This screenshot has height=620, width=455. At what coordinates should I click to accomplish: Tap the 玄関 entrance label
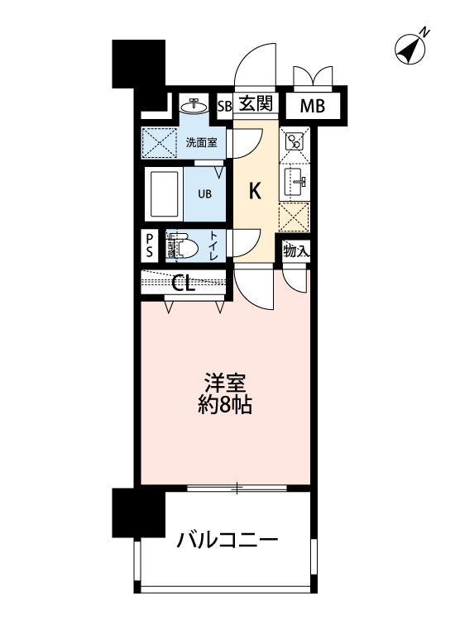[x=256, y=104]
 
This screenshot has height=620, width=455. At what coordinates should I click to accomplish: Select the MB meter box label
[x=312, y=106]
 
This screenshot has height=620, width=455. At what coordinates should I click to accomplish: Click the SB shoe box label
[x=224, y=106]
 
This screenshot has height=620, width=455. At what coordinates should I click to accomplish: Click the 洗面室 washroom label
[x=201, y=141]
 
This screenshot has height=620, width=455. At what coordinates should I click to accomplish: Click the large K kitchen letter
[x=256, y=192]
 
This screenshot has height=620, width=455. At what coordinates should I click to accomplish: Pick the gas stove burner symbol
[x=295, y=141]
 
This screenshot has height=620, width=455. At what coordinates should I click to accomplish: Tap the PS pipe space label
[x=150, y=246]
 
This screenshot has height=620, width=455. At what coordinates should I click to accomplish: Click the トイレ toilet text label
[x=213, y=246]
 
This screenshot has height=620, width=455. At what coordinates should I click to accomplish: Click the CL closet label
[x=184, y=284]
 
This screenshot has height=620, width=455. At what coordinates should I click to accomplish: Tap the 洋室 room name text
[x=225, y=384]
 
